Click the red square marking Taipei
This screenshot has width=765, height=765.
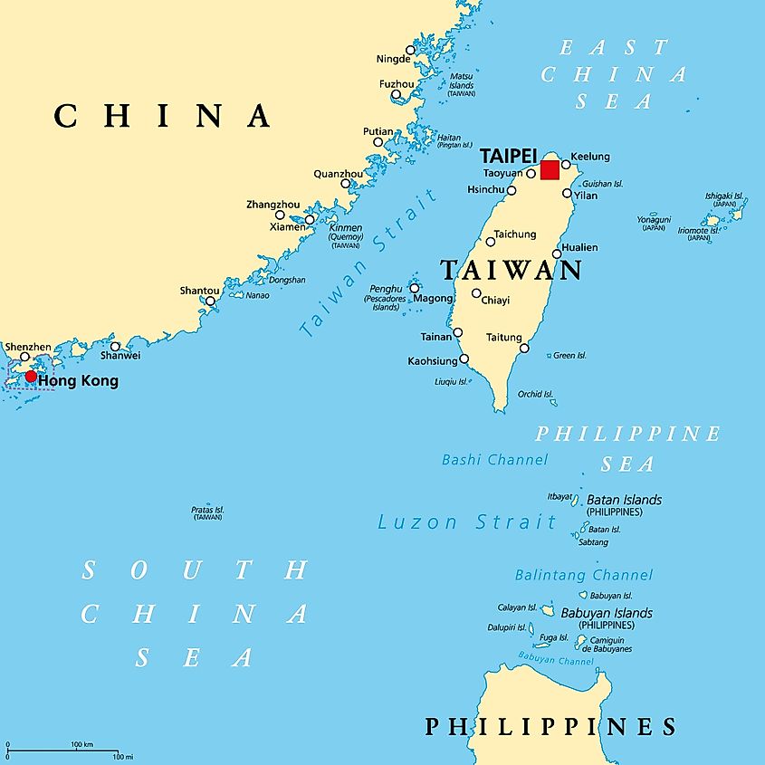[550, 170]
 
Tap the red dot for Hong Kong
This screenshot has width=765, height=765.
[31, 376]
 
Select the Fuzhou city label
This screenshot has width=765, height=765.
[396, 84]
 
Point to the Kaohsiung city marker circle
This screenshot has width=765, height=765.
[464, 359]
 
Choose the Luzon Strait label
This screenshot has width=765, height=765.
[467, 522]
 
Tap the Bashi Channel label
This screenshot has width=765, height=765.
[494, 460]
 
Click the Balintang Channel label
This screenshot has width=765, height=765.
[583, 575]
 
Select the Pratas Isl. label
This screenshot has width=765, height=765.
[207, 511]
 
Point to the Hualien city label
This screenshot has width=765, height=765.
[579, 247]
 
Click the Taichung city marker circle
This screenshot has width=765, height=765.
[491, 241]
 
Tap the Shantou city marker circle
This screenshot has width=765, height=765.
[210, 301]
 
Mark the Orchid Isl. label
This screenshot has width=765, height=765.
[535, 394]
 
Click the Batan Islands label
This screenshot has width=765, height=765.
[624, 500]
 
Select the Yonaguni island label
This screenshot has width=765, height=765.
[654, 219]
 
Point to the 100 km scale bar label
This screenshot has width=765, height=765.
[82, 744]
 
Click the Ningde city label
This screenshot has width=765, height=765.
[393, 60]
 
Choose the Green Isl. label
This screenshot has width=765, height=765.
[569, 356]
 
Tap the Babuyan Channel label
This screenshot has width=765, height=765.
[556, 661]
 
